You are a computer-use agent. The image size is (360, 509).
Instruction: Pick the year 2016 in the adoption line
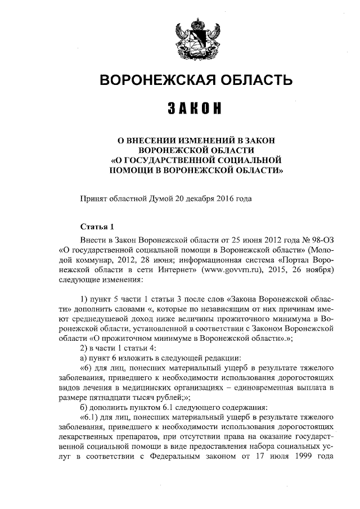pos(224,199)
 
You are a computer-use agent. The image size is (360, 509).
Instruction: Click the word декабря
pos(198,199)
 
